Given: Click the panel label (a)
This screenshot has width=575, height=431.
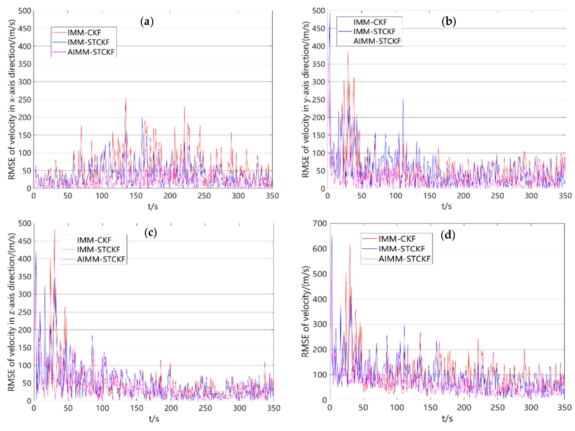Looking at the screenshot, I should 147,21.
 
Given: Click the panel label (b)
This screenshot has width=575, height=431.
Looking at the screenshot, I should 449,21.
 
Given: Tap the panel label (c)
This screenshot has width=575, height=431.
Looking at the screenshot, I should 150,233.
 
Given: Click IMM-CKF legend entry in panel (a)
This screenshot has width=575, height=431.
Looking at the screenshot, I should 84,32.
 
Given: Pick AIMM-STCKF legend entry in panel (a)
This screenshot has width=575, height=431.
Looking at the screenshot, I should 91,52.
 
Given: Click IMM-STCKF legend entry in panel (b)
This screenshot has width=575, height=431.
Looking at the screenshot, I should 374,32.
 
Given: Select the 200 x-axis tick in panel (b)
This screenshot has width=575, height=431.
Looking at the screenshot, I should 463,196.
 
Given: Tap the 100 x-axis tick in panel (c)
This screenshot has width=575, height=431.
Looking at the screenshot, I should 102,408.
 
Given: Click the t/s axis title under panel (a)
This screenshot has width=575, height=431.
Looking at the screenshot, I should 153,207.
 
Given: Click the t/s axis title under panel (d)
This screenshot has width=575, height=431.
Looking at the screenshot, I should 447,418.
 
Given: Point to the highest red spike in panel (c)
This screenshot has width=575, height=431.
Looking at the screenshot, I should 55,230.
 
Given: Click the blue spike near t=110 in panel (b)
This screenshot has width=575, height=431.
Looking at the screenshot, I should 403,100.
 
